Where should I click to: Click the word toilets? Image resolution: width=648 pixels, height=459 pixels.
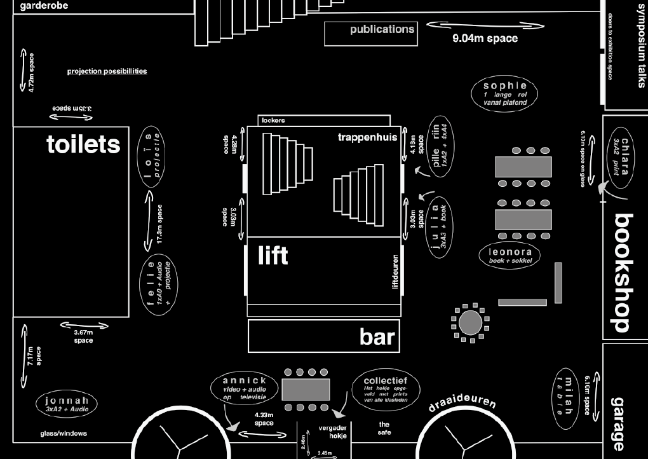tap(83, 145)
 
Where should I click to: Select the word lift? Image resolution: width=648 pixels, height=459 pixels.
tap(273, 256)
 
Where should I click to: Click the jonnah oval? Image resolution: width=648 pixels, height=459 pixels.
tap(67, 404)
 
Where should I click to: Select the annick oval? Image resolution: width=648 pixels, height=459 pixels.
tap(245, 388)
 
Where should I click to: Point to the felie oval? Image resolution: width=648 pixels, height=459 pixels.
tap(159, 284)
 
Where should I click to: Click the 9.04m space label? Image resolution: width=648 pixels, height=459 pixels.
tap(485, 38)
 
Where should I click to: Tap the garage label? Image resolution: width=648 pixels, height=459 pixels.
tap(619, 423)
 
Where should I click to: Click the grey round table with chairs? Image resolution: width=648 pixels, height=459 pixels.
tap(470, 322)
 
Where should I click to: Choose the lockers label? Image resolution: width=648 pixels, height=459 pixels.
tap(273, 120)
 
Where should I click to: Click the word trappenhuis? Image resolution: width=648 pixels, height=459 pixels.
tap(367, 137)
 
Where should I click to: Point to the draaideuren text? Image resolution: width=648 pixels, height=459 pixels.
tap(462, 404)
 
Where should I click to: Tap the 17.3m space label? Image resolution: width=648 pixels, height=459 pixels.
tap(159, 224)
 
